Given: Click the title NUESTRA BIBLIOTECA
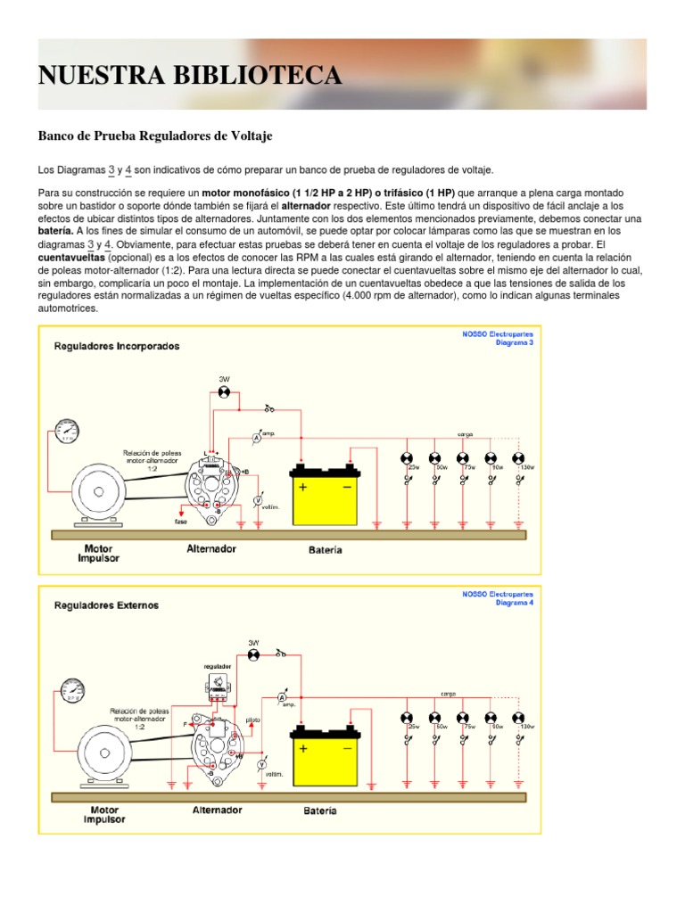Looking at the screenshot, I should (189, 76).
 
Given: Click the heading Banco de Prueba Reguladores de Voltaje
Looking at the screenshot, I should (154, 136).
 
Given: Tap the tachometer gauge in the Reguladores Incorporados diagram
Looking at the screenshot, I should (66, 432).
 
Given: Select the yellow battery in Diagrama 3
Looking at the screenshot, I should (325, 495).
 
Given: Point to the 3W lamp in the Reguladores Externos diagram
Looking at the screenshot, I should (252, 654).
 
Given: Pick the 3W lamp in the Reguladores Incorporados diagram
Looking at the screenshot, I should (225, 392).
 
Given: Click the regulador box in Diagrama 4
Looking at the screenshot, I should (218, 683).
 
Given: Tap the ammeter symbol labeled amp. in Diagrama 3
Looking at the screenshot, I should (256, 439).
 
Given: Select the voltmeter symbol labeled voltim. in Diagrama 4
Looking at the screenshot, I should (262, 765).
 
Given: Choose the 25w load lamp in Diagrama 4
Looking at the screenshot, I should (407, 718).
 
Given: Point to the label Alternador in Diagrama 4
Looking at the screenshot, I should (217, 810).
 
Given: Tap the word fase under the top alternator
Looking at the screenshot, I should (181, 522).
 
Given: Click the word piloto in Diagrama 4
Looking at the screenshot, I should (254, 717).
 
